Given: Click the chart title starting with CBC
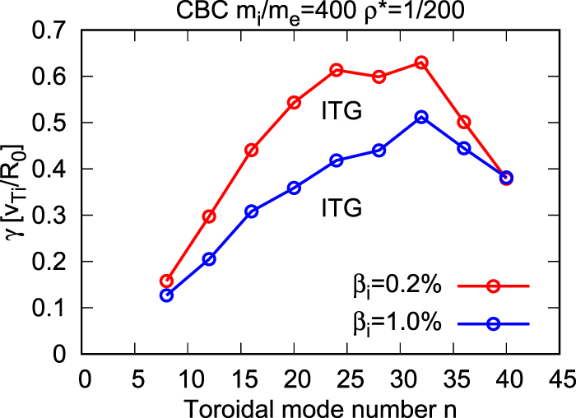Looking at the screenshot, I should (321, 12).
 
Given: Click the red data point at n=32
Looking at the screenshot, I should (421, 63).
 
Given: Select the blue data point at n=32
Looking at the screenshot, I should (421, 118).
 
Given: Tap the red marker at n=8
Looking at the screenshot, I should (167, 281).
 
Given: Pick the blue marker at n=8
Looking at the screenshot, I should (167, 295).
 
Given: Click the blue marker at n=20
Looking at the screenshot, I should (295, 188).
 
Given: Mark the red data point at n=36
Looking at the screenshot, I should (464, 122).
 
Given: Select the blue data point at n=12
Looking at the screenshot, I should (209, 259).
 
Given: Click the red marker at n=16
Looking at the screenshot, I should (252, 150).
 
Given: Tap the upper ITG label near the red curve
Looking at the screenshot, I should (341, 111).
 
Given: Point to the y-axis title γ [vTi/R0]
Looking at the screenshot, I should (16, 193).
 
